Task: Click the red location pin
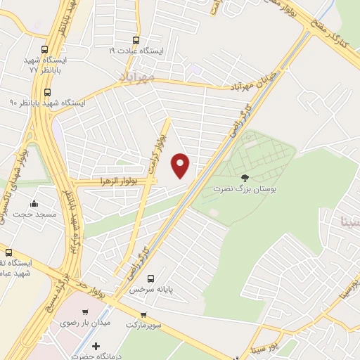(181, 166)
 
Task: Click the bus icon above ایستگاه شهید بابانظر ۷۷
(45, 50)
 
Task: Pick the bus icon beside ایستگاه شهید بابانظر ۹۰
(48, 92)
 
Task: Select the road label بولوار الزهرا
(115, 181)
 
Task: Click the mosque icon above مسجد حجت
(32, 192)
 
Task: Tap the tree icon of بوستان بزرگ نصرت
(245, 178)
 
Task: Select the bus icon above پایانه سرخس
(160, 277)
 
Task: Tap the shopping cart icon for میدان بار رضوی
(85, 311)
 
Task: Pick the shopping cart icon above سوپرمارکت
(143, 315)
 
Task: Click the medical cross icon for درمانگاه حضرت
(96, 345)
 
